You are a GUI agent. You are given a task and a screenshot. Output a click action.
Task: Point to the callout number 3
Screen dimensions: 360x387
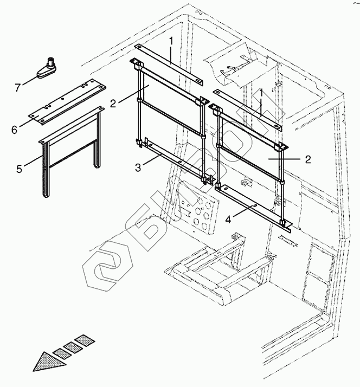pyautogui.click(x=138, y=167)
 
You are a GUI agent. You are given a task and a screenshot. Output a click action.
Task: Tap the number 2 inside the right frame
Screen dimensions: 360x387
pyautogui.click(x=307, y=159)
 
